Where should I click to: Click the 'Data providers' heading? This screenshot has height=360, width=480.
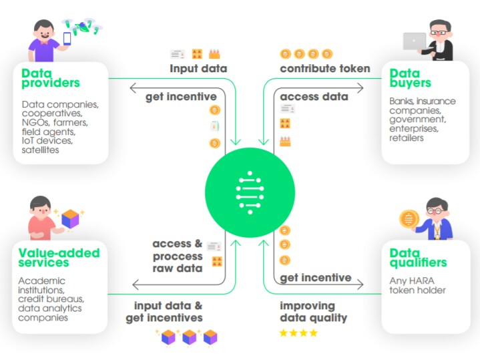click(50, 78)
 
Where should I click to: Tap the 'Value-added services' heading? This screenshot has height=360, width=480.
click(59, 258)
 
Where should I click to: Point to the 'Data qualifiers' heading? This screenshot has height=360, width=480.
click(418, 258)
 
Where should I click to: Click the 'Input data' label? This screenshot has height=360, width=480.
click(198, 68)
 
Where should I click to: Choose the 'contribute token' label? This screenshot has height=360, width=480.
click(324, 68)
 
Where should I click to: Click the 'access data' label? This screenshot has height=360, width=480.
click(314, 97)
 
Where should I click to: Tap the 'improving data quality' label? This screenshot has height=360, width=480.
click(313, 312)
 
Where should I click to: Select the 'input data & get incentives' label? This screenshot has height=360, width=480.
click(164, 312)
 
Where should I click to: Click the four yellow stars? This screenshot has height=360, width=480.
click(298, 332)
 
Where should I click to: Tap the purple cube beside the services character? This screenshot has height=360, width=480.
click(70, 218)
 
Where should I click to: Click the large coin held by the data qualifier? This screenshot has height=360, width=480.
click(407, 218)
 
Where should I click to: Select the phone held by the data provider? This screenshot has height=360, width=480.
click(67, 39)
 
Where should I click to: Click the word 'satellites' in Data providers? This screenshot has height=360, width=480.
click(40, 150)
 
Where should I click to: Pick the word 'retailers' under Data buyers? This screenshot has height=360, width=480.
click(407, 138)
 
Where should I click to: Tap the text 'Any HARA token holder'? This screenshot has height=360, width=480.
click(418, 285)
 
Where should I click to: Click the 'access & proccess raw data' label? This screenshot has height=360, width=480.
click(177, 256)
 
